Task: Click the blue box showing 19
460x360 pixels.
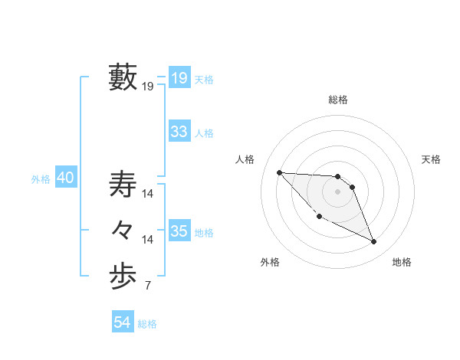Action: click(x=179, y=77)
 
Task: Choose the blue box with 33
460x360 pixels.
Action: click(x=179, y=132)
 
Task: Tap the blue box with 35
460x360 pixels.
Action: click(x=179, y=231)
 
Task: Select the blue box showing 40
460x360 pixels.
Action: click(x=65, y=178)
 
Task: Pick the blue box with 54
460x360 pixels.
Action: click(x=122, y=322)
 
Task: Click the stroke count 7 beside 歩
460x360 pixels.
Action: click(x=147, y=286)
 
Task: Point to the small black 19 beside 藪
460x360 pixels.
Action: click(x=147, y=87)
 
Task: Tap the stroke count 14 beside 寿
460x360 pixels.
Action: click(x=148, y=195)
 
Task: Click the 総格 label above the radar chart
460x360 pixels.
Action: click(x=338, y=100)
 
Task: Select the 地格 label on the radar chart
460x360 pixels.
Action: click(x=402, y=262)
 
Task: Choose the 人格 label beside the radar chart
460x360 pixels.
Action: click(x=245, y=159)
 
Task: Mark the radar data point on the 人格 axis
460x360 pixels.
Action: click(x=279, y=172)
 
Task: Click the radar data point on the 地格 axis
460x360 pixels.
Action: click(x=374, y=242)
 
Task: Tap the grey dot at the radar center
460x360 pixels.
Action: click(x=338, y=191)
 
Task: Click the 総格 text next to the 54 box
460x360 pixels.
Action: click(x=147, y=324)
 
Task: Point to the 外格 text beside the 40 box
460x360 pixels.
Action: click(x=41, y=179)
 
